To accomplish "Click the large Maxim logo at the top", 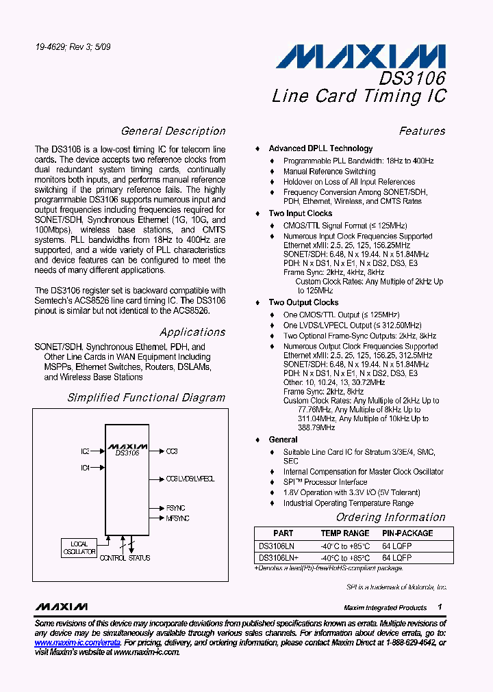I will click(x=361, y=56).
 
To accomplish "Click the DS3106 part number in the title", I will click(x=413, y=78).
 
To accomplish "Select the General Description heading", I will click(x=173, y=131).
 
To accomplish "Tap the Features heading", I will click(x=422, y=131).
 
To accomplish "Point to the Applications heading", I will click(x=192, y=332).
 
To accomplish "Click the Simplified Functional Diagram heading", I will click(x=146, y=397).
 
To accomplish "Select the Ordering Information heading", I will click(x=390, y=518).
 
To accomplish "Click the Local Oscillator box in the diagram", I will click(x=79, y=547).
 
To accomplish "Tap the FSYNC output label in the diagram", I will click(x=175, y=509).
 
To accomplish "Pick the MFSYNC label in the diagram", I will click(x=177, y=519).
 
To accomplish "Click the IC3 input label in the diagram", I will click(x=85, y=451).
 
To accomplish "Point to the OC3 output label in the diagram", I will click(x=172, y=451).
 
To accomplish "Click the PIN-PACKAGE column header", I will click(x=407, y=533).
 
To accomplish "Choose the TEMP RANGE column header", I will click(x=345, y=533).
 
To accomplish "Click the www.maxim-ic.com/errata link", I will click(x=77, y=643).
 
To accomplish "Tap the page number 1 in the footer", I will click(x=440, y=607).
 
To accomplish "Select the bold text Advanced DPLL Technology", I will click(x=320, y=148).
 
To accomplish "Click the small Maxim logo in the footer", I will click(x=62, y=607).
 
